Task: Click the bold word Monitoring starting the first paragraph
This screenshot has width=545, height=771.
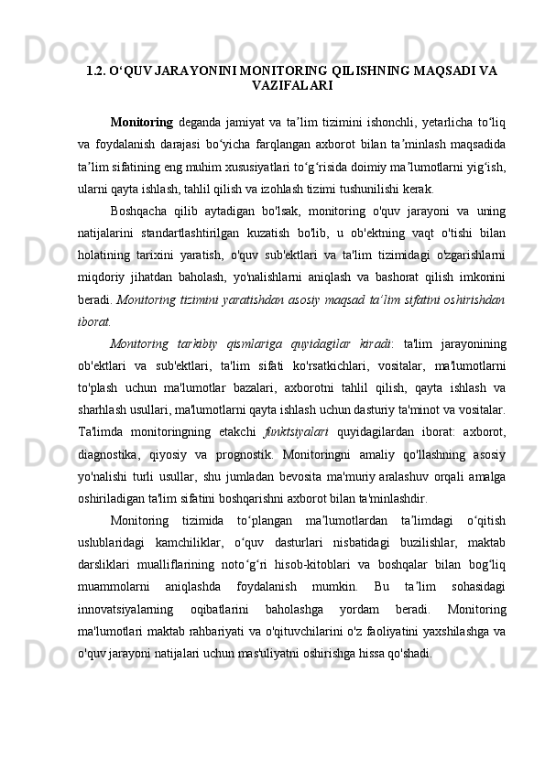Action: (141, 123)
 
